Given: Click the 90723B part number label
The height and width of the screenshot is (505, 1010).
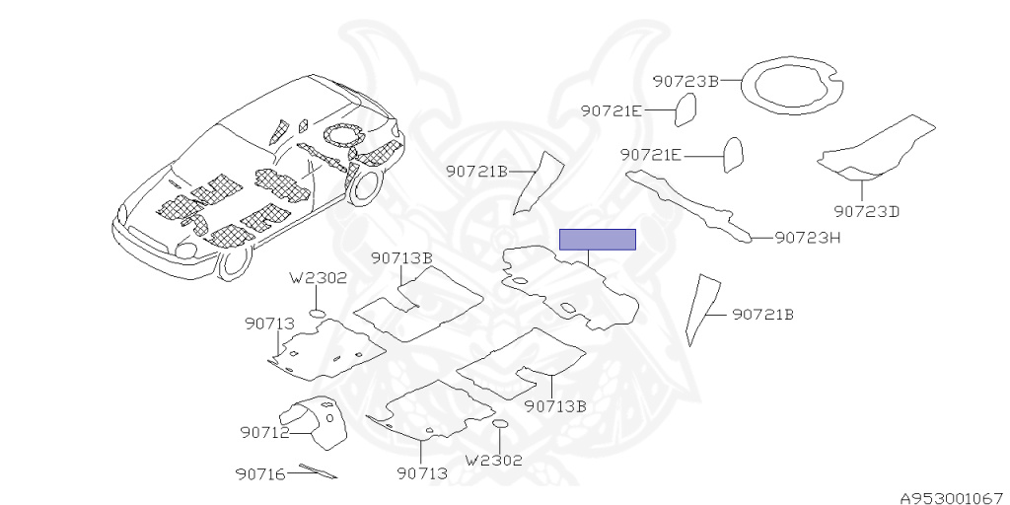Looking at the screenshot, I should click(685, 81).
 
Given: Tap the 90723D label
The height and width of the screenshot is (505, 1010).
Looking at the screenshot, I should click(866, 211).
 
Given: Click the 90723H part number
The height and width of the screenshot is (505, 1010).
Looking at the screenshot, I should click(807, 238).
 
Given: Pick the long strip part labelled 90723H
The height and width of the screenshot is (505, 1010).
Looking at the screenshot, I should click(690, 202).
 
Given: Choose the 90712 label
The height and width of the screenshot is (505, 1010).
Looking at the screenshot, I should click(263, 432).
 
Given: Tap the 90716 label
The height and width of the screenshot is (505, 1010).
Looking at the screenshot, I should click(260, 474).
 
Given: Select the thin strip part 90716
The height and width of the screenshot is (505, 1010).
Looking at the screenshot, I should click(317, 471).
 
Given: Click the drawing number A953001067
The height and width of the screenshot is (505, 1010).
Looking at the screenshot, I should click(951, 497).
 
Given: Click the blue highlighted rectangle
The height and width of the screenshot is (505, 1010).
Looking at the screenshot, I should click(597, 239).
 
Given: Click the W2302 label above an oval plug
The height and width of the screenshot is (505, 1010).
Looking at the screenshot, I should click(318, 278).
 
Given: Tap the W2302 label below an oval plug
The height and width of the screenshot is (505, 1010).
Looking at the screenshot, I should click(493, 460).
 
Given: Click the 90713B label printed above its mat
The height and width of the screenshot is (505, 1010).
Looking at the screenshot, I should click(402, 258).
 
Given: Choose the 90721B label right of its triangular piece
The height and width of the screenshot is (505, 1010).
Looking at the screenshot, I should click(762, 315).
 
